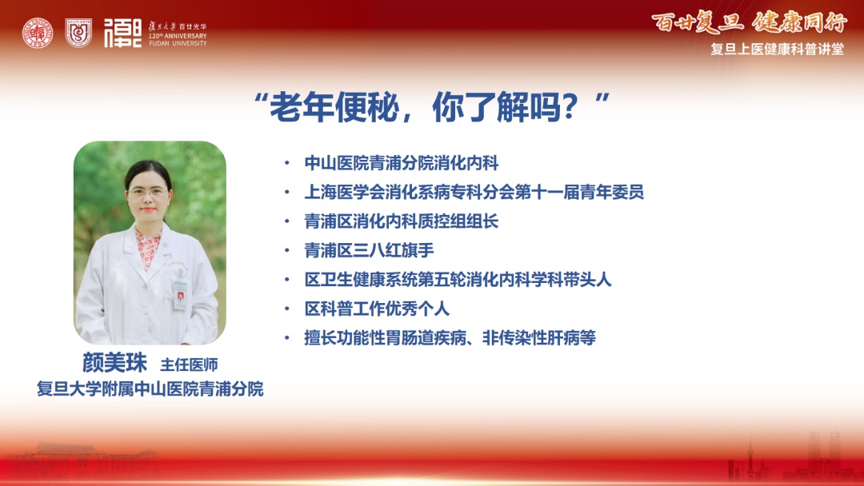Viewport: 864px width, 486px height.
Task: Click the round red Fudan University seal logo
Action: (38, 33)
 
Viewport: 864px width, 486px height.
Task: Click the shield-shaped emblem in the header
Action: (78, 33)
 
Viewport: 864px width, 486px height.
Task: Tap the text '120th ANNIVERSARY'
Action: (178, 36)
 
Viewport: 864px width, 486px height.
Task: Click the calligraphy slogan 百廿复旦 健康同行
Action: (749, 22)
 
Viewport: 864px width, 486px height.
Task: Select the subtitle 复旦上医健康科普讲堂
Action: (777, 49)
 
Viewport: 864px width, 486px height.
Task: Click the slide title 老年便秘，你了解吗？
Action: (432, 107)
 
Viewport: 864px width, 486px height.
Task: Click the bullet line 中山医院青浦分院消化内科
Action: (401, 163)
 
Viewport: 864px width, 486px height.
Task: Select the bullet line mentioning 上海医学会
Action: (474, 192)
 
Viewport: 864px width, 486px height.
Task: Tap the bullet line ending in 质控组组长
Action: (401, 221)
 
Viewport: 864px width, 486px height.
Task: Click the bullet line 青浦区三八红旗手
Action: (369, 250)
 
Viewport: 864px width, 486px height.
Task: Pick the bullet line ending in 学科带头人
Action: (458, 280)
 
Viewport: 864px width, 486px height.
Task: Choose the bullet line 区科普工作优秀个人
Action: (377, 309)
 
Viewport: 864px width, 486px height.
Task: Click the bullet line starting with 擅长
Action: (450, 338)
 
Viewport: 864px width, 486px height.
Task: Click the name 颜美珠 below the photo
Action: (114, 363)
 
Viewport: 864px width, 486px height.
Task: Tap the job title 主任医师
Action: (189, 364)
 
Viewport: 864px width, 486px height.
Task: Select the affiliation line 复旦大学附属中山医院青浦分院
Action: (150, 388)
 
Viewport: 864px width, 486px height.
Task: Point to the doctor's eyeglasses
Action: (146, 192)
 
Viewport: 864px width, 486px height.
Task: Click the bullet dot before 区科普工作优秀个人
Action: (286, 309)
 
